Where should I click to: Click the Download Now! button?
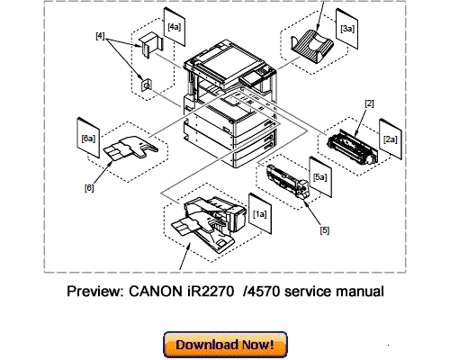tap(224, 344)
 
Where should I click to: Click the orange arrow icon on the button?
tap(172, 344)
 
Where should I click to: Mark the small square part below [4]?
tap(147, 85)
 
